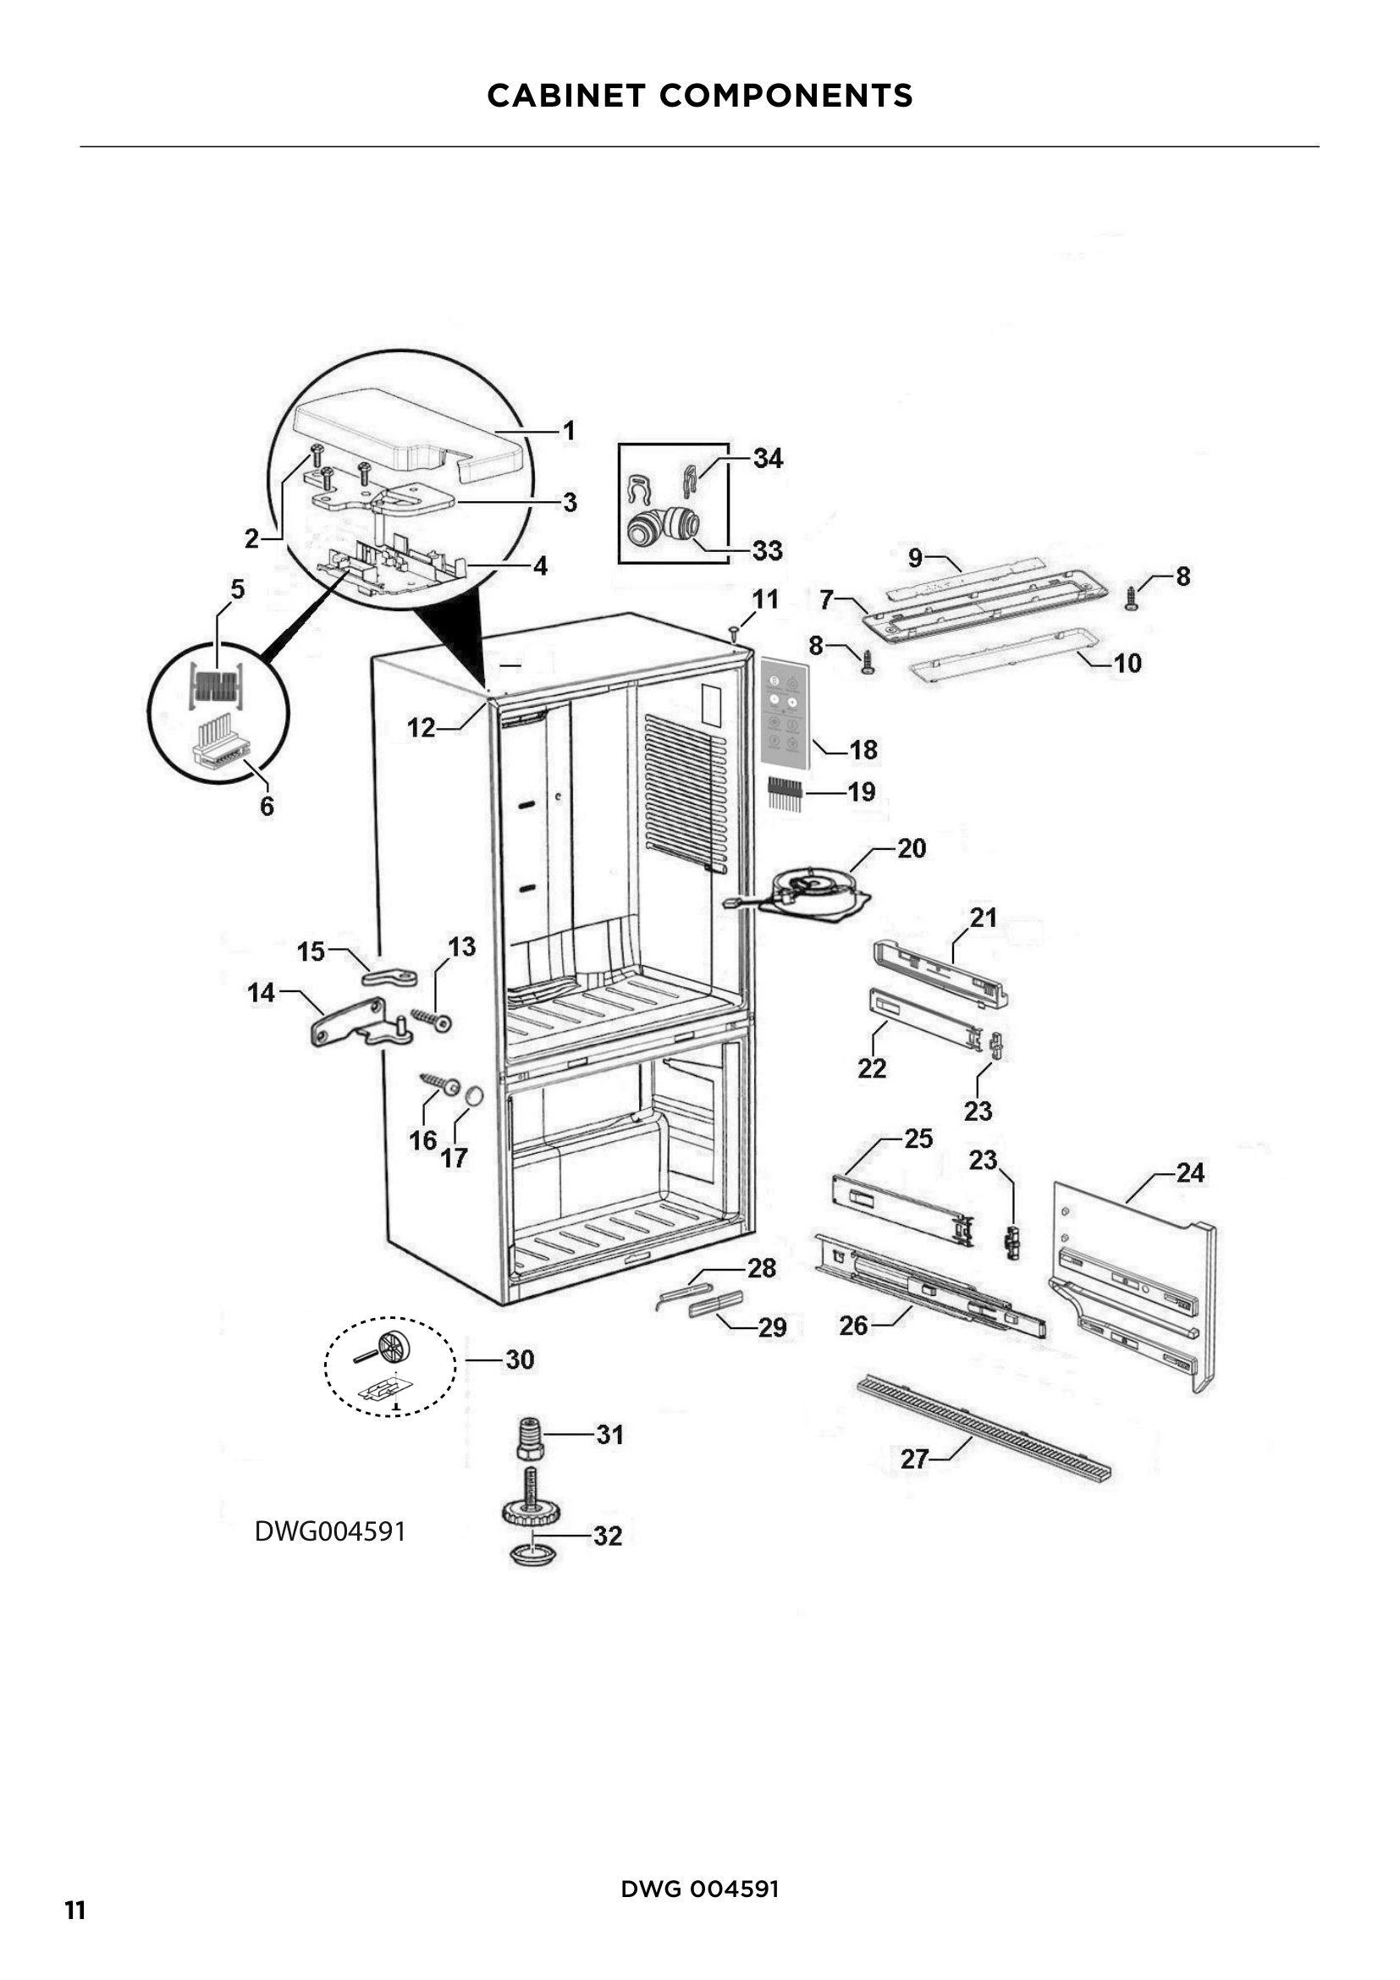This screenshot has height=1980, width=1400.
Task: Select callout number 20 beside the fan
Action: click(x=912, y=848)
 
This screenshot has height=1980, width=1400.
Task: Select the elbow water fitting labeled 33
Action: click(x=660, y=526)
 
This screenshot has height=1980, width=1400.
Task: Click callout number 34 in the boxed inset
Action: click(x=767, y=458)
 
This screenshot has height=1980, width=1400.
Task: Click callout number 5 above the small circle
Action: click(x=237, y=590)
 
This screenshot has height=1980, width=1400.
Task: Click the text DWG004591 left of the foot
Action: click(x=330, y=1531)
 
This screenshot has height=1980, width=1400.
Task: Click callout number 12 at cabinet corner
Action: click(x=421, y=728)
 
